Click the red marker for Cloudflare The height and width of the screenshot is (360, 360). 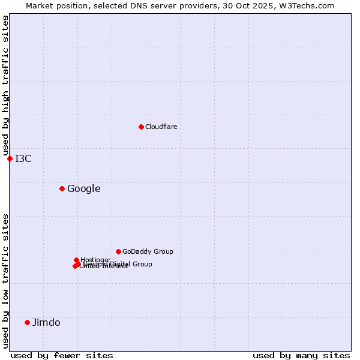tap(141, 127)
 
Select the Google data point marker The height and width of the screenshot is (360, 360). tap(62, 188)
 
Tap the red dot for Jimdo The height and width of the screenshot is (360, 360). tap(27, 322)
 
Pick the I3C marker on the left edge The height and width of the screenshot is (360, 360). tap(10, 158)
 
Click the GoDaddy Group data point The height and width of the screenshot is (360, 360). tap(118, 251)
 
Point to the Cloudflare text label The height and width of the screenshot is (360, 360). tap(161, 127)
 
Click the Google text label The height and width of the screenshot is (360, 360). tap(83, 188)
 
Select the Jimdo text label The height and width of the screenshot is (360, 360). tap(46, 322)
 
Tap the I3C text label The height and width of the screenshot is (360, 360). tap(23, 158)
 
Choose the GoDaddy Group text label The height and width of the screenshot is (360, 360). tap(148, 251)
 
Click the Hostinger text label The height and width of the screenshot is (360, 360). tap(95, 260)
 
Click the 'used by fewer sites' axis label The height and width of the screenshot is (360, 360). tap(62, 355)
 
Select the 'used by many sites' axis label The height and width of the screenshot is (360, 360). tap(301, 355)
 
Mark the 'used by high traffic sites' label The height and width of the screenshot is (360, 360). tap(5, 86)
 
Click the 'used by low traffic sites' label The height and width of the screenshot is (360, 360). tap(5, 281)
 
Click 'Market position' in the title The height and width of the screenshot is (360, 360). tap(52, 5)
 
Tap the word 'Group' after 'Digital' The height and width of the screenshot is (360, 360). tap(142, 264)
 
